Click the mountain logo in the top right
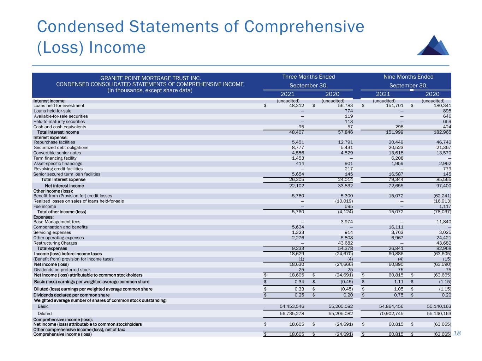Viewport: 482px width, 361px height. tap(433, 45)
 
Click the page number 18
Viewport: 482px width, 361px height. tap(457, 333)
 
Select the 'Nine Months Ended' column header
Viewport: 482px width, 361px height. tap(408, 77)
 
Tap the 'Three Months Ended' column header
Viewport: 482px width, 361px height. tap(309, 77)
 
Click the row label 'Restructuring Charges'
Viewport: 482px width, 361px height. tap(55, 243)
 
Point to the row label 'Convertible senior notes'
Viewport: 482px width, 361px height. tap(57, 153)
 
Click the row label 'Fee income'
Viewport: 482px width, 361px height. tap(45, 207)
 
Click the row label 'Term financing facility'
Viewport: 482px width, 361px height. tap(55, 158)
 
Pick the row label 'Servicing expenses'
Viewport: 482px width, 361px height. tap(52, 233)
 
